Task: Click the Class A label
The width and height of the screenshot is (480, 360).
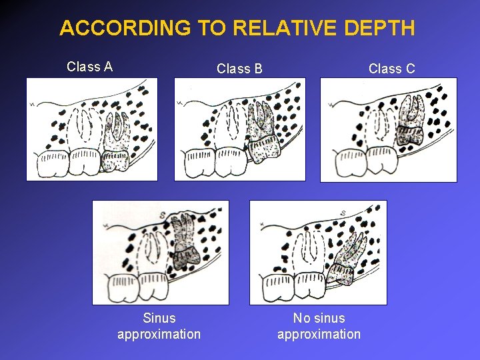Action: (x=89, y=67)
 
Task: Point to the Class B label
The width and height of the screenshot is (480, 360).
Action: (x=239, y=69)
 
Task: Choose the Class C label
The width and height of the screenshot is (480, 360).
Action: (x=391, y=69)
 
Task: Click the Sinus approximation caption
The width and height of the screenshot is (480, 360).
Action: (x=159, y=326)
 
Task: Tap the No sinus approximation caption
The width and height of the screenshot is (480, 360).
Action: (x=319, y=326)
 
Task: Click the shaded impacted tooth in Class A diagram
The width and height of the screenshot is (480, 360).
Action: (x=116, y=140)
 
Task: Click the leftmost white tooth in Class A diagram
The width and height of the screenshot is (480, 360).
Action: (x=51, y=163)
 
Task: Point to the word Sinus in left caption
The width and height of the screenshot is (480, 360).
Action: (x=159, y=319)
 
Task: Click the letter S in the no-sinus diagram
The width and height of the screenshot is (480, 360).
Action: (x=342, y=213)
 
